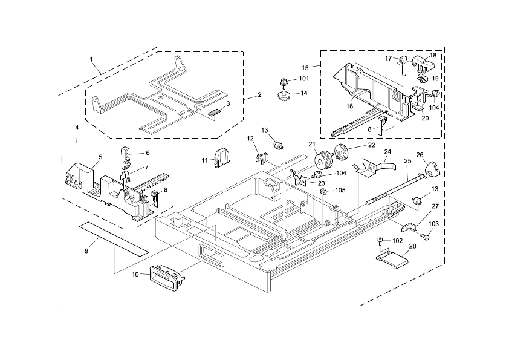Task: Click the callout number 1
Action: [91, 59]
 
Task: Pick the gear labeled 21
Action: [324, 161]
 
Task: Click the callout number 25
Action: [407, 161]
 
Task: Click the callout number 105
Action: [340, 190]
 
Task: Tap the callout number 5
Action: [100, 157]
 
